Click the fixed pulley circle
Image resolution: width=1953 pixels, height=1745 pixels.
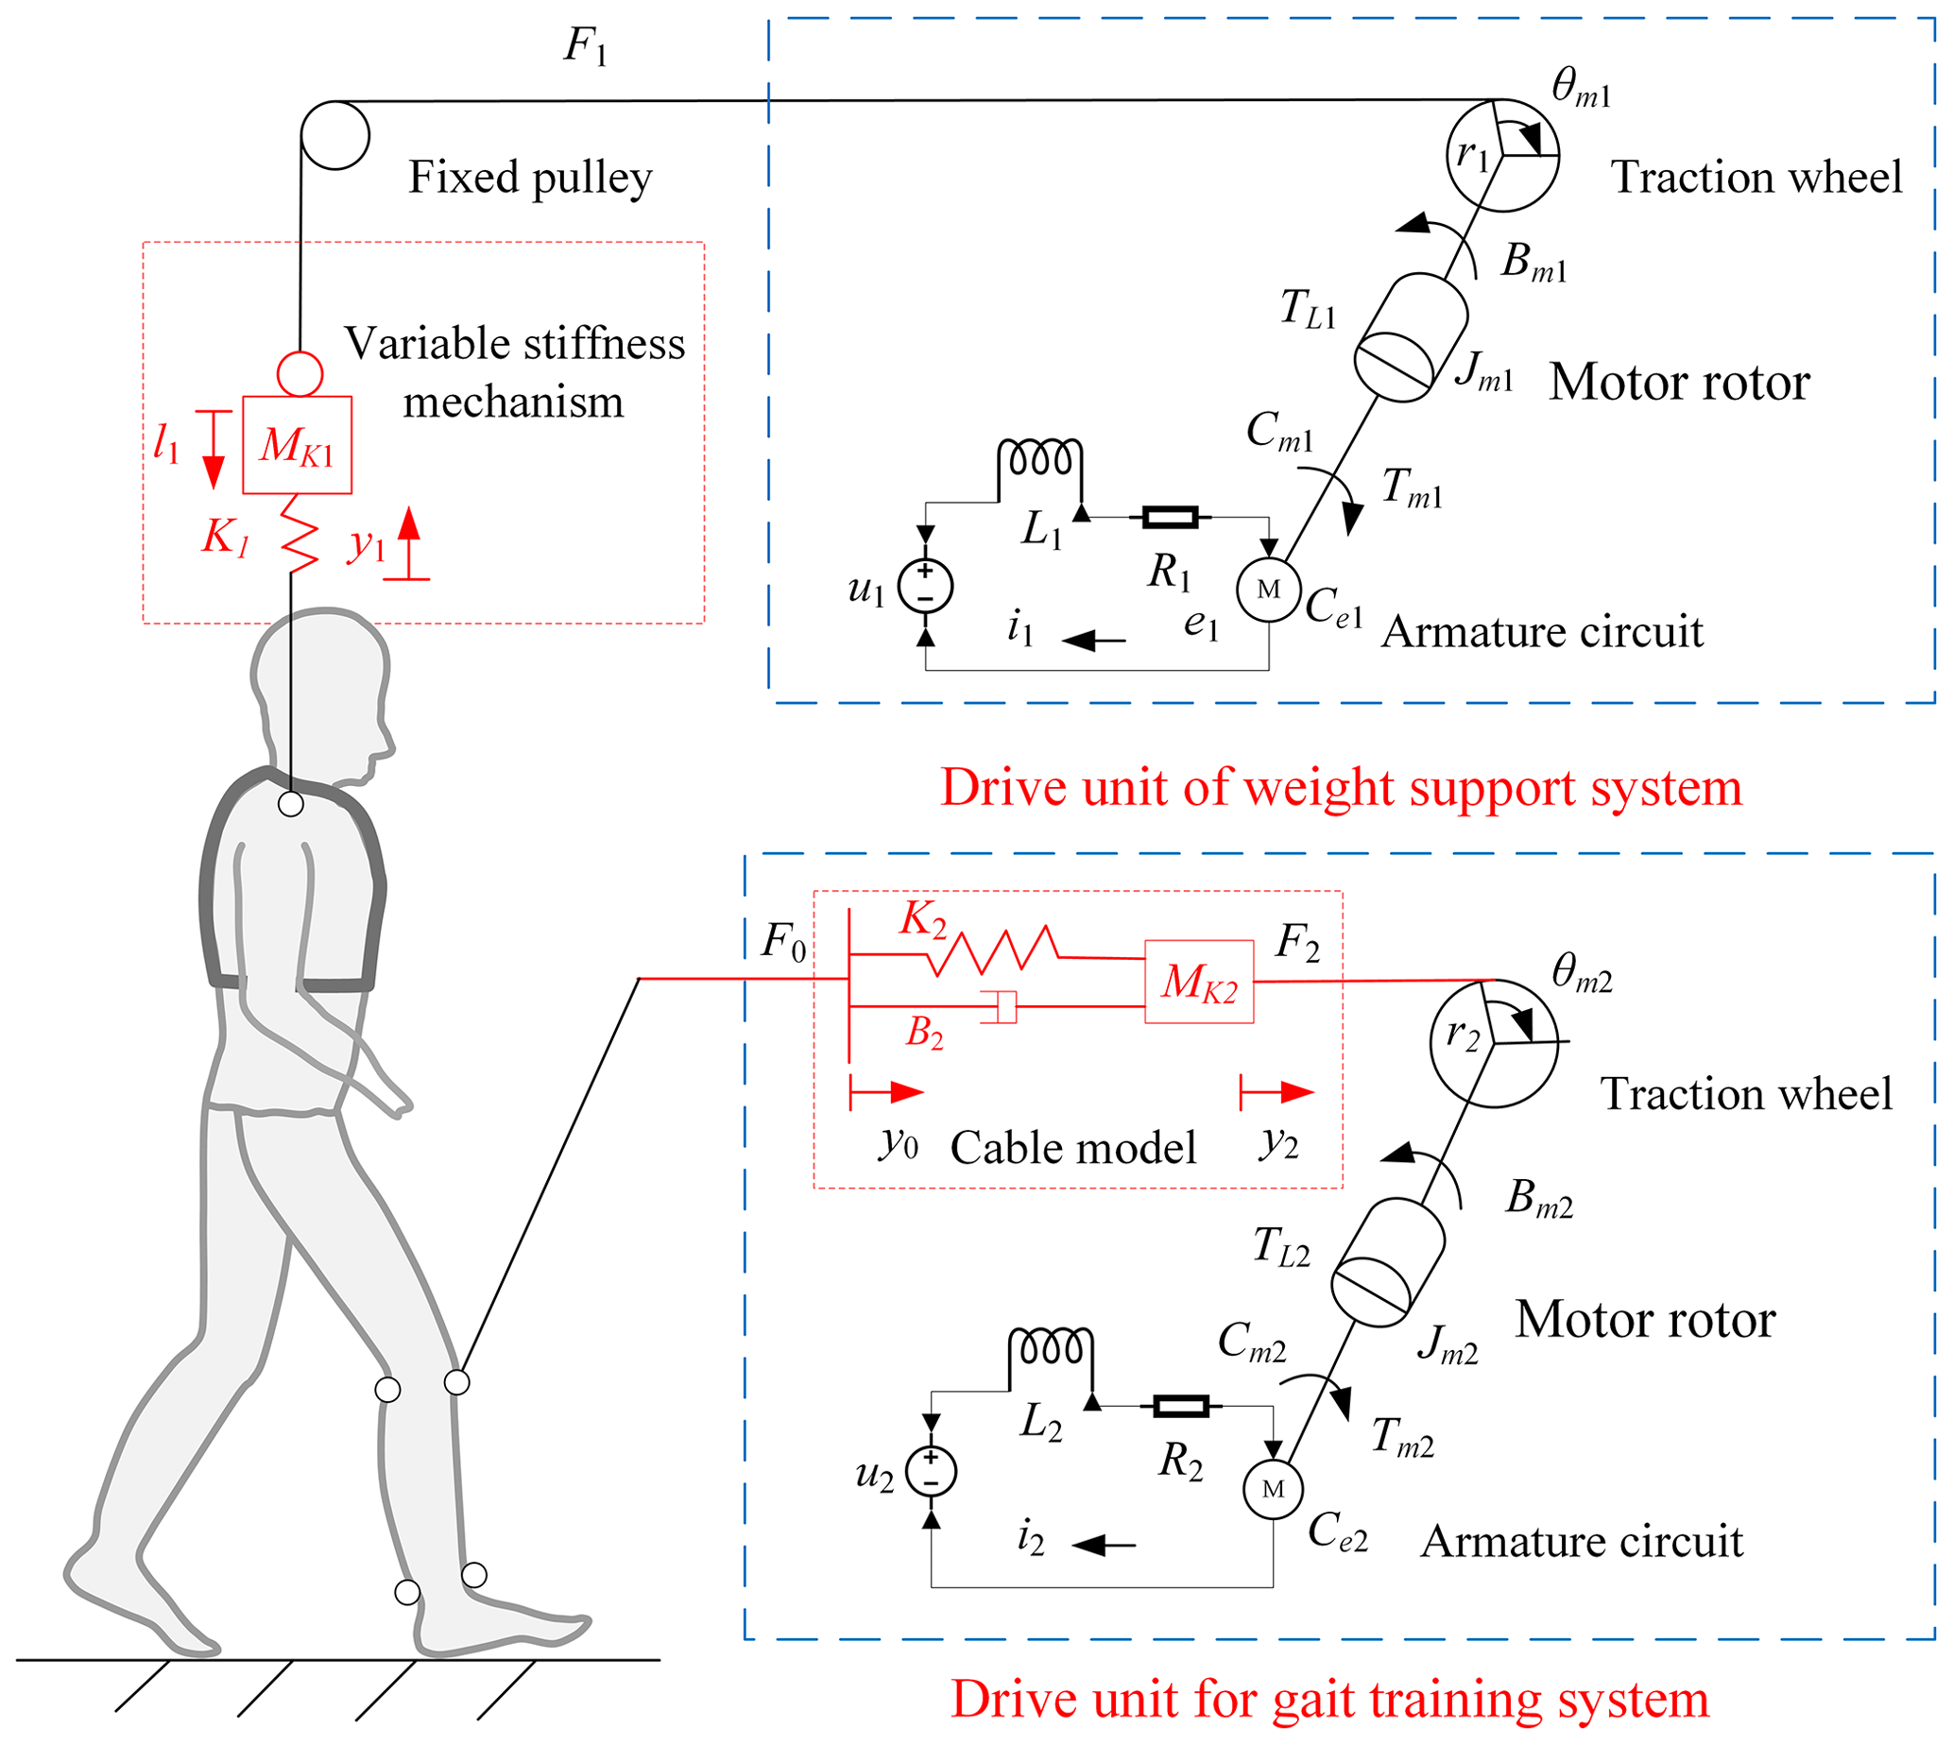334,135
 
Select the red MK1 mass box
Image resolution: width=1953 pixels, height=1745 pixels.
297,445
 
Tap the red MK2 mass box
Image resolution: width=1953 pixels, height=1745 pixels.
1198,981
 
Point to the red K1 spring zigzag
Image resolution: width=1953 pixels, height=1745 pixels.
300,535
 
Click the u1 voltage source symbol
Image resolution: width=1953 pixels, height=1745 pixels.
924,586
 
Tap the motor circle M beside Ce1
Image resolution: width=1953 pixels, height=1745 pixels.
1267,590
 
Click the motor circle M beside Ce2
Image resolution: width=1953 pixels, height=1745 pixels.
1273,1489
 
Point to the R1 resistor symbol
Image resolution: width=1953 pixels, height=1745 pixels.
1170,518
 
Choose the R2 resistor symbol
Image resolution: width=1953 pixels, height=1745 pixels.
1180,1407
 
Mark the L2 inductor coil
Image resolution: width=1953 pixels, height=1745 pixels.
1050,1347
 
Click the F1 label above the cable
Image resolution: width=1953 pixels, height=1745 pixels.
585,46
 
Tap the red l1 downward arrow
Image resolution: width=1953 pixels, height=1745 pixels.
214,449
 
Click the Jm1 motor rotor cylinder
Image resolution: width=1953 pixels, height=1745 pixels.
1410,337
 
